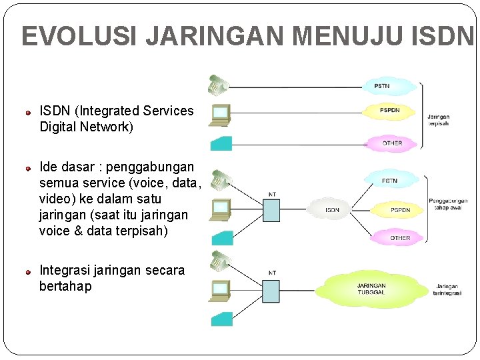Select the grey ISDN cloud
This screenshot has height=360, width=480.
(332, 209)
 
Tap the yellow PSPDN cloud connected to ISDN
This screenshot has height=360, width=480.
(400, 209)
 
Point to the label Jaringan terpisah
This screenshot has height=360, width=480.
(438, 120)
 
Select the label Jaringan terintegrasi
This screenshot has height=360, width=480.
(447, 289)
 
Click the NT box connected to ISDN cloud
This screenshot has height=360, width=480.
(271, 210)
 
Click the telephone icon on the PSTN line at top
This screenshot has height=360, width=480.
(217, 84)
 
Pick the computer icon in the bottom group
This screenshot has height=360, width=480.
(219, 290)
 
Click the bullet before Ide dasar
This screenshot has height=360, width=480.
(29, 167)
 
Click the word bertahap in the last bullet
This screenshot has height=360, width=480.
(65, 287)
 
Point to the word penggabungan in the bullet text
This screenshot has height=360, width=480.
(149, 167)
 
